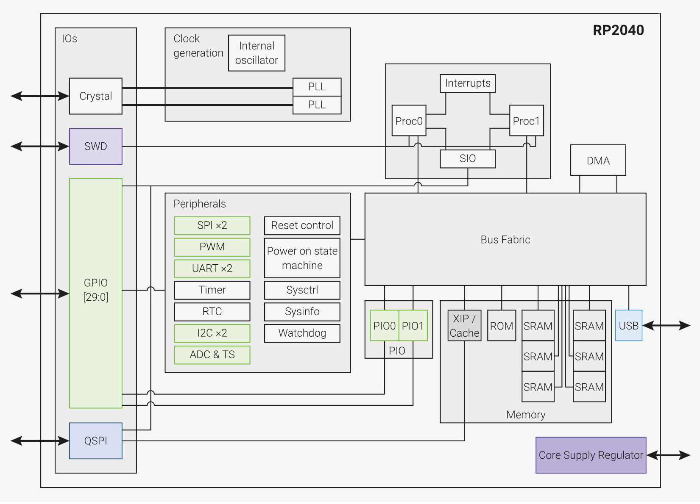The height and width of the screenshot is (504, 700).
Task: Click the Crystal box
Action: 95,96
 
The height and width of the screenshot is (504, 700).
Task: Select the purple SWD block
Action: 95,147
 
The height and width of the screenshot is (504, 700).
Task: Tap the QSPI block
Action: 95,441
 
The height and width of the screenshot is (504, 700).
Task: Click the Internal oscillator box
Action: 257,53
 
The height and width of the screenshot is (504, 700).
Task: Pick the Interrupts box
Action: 468,83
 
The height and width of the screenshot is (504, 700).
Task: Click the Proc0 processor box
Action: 409,121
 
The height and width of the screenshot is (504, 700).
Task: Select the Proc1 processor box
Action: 526,121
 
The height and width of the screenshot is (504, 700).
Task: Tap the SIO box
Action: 468,159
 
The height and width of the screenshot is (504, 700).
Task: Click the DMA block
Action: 598,161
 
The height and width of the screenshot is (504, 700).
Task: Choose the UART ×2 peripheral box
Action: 212,269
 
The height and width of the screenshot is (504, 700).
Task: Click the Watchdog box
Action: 302,333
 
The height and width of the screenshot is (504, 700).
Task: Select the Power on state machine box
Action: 302,258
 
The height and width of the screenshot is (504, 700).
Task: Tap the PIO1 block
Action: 413,326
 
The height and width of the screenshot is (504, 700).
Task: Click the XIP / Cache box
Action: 464,326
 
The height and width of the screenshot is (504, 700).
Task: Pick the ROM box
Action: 502,326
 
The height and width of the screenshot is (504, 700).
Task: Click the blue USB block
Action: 628,326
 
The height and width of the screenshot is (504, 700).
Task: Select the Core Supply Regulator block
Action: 591,455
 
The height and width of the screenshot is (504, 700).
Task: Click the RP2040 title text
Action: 618,30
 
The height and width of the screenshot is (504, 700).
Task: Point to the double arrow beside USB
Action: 667,326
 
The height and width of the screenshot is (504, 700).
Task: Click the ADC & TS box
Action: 212,355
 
